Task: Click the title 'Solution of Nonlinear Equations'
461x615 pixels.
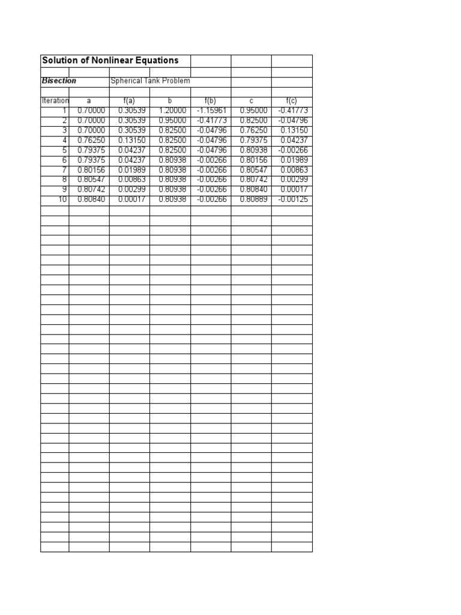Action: pos(110,61)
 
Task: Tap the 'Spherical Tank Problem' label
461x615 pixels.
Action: pos(150,80)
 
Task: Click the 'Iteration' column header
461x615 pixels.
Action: pos(55,101)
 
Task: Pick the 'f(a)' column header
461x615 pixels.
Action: pos(129,101)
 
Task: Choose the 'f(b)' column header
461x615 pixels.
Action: pos(210,101)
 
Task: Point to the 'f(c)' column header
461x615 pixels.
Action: pos(292,101)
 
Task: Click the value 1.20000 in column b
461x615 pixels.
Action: pos(172,111)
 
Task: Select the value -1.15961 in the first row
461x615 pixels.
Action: pos(212,111)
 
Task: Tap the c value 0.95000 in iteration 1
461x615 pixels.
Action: pos(252,111)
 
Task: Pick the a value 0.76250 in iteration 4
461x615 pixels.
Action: pos(91,140)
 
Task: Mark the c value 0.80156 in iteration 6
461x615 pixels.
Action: pos(252,160)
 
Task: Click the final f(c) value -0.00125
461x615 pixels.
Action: pos(293,199)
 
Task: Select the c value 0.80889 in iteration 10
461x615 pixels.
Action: pos(252,199)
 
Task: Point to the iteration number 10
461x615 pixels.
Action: pos(62,199)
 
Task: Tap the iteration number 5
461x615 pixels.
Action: pos(64,150)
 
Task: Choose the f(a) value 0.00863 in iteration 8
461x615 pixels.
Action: pos(131,180)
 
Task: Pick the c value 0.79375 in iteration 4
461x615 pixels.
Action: pos(252,140)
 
